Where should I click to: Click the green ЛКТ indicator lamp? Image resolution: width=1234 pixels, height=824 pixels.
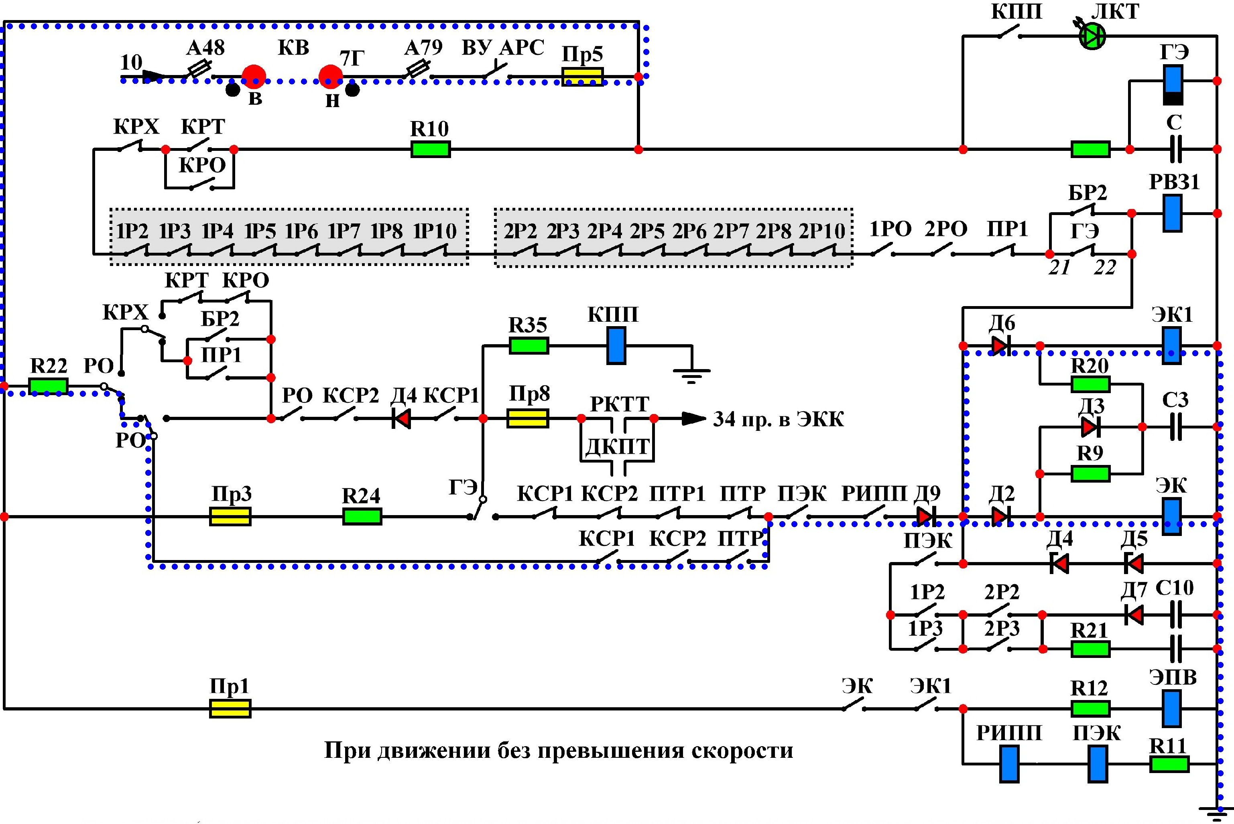tap(1092, 36)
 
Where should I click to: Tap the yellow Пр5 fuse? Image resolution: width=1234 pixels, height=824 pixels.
tap(582, 77)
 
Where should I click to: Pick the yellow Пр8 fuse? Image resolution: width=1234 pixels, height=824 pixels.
tap(528, 419)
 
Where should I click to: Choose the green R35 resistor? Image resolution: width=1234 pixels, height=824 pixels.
tap(529, 346)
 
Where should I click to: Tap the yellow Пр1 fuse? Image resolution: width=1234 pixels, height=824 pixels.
tap(230, 709)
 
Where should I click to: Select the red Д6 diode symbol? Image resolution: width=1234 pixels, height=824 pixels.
tap(1001, 346)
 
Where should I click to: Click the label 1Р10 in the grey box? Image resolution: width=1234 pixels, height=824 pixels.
tap(435, 231)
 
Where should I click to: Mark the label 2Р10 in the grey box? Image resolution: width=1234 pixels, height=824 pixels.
tap(822, 231)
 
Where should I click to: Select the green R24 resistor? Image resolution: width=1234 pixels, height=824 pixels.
tap(362, 517)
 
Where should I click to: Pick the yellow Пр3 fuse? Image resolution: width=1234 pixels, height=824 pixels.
tap(230, 517)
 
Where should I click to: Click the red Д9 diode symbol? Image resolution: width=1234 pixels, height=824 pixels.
tap(925, 517)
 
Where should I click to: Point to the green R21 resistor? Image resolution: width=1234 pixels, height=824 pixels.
tap(1090, 649)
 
